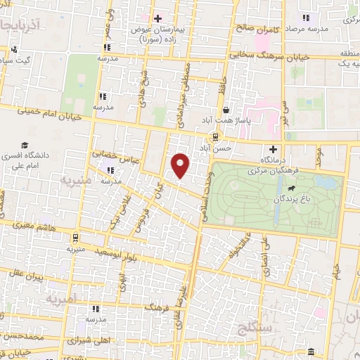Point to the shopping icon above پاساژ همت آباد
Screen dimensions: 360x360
226,110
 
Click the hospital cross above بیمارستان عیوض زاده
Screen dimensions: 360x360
158,18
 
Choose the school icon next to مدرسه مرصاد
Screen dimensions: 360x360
304,18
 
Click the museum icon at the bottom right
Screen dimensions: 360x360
311,352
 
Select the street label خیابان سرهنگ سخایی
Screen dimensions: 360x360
238,53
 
